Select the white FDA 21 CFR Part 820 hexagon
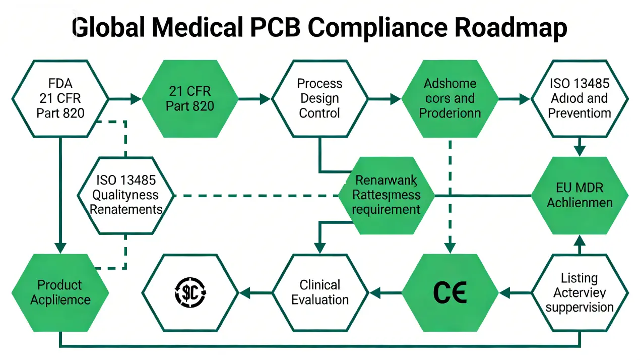pos(60,98)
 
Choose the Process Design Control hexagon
pos(319,98)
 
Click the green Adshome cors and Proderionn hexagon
pos(450,98)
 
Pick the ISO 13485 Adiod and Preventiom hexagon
pos(580,98)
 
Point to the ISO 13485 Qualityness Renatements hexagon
pos(125,195)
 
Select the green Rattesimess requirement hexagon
pos(386,195)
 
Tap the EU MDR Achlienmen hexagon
pos(580,195)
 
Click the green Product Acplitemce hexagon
pos(60,292)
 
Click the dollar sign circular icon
pos(189,292)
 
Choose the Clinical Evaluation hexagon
pos(319,292)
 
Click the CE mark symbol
pos(450,292)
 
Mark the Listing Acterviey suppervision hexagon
pos(580,292)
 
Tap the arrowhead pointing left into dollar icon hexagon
pos(245,292)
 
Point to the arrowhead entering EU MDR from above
pos(580,151)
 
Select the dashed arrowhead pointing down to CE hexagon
pos(450,247)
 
